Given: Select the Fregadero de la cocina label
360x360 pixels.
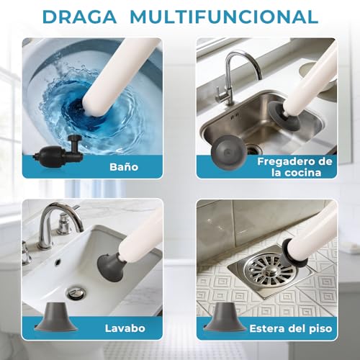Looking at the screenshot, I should coord(295,166).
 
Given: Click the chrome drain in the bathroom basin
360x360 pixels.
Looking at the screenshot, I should coord(76,293).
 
